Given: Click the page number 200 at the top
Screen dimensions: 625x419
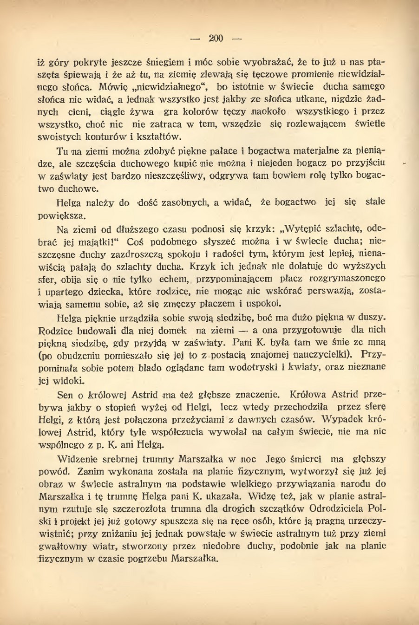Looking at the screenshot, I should click(216, 39).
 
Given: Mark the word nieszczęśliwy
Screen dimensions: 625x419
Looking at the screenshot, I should click(179, 176).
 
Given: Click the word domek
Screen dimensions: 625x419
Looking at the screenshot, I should click(172, 330).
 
